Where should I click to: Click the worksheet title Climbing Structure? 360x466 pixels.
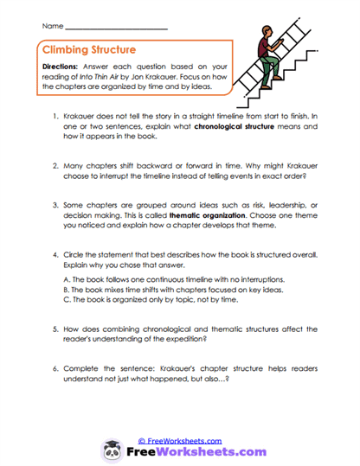click(89, 50)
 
